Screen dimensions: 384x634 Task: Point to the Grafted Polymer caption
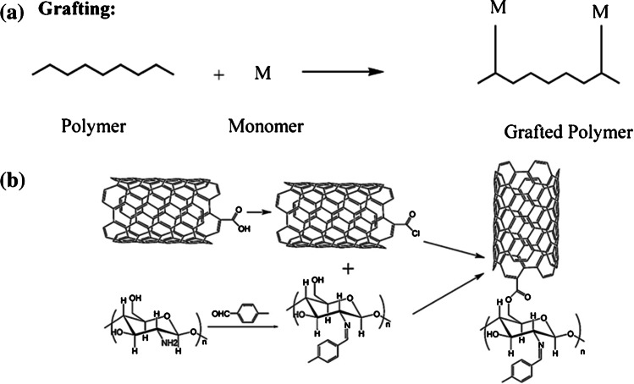pyautogui.click(x=565, y=132)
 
